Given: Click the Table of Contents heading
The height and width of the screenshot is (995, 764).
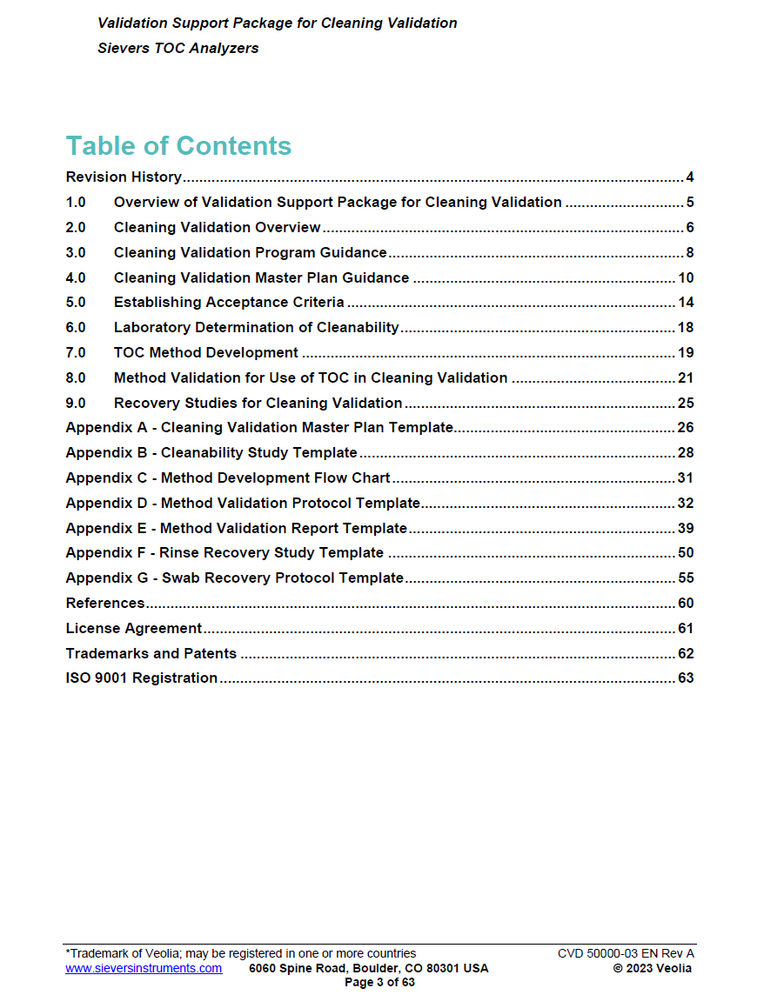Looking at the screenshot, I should coord(178,145).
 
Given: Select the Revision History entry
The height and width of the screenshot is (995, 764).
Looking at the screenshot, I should coord(124,177).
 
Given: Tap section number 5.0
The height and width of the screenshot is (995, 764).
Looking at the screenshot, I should coord(76,303).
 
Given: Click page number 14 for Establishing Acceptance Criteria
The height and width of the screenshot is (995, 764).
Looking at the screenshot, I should coord(686,303).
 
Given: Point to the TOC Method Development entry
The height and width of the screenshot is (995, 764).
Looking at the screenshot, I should coord(206,353).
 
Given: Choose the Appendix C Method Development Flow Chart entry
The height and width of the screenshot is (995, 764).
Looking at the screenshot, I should coord(228,478).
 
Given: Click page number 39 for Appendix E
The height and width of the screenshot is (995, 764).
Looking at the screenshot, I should coord(686,528).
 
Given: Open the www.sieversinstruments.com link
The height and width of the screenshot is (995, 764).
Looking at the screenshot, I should coord(144,968).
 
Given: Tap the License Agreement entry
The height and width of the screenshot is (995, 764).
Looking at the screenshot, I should coord(134,628).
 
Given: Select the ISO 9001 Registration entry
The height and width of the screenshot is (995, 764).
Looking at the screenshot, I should coord(142,678).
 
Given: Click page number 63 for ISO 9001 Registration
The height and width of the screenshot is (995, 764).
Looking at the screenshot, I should coord(686,678).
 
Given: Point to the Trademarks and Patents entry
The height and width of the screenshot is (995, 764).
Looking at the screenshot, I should coord(151,653).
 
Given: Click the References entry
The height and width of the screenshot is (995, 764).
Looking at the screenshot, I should coord(105,604).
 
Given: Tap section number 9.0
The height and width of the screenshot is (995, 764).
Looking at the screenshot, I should coord(76,404).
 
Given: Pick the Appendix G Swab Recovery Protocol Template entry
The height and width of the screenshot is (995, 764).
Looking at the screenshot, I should coord(235,578).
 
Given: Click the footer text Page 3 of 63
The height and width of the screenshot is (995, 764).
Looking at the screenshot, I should coord(380,982).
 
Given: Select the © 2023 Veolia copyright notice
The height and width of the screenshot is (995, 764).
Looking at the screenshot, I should coord(653,968).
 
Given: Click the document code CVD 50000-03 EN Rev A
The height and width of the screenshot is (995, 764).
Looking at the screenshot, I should coord(626,954).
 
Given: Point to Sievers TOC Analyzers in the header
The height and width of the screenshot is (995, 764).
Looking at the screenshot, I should coord(178,49).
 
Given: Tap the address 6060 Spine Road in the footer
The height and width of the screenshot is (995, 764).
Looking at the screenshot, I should coord(368,968).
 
